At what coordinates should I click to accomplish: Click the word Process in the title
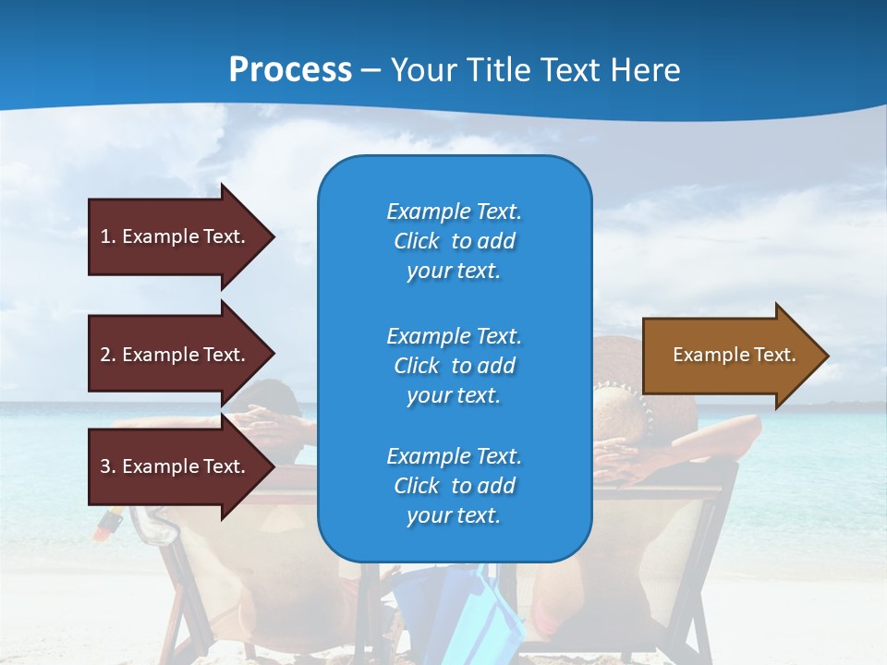pyautogui.click(x=290, y=70)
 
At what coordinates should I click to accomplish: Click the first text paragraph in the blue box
pyautogui.click(x=454, y=241)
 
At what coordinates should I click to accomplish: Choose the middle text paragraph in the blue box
pyautogui.click(x=454, y=366)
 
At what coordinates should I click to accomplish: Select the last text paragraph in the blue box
pyautogui.click(x=454, y=486)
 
